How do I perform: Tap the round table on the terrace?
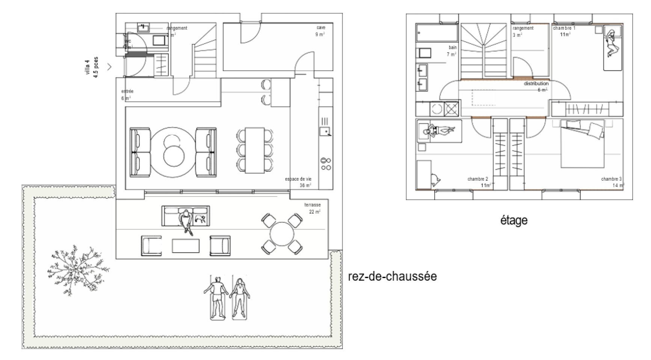tap(282, 234)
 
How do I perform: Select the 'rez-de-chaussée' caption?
tap(392, 277)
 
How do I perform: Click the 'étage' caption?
tap(514, 220)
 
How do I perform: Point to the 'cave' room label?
tap(321, 27)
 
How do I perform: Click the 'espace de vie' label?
tap(298, 179)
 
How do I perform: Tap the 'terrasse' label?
tap(313, 205)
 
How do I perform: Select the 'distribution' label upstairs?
tap(536, 83)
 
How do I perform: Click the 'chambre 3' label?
tap(611, 179)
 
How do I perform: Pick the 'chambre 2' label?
tap(477, 179)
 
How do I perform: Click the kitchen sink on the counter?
tap(325, 131)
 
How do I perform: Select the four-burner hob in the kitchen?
tap(326, 164)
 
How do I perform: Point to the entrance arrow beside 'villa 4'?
tap(109, 67)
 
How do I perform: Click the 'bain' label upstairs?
tap(452, 48)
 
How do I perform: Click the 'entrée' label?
tap(127, 91)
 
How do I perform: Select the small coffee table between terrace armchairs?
tap(186, 246)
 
